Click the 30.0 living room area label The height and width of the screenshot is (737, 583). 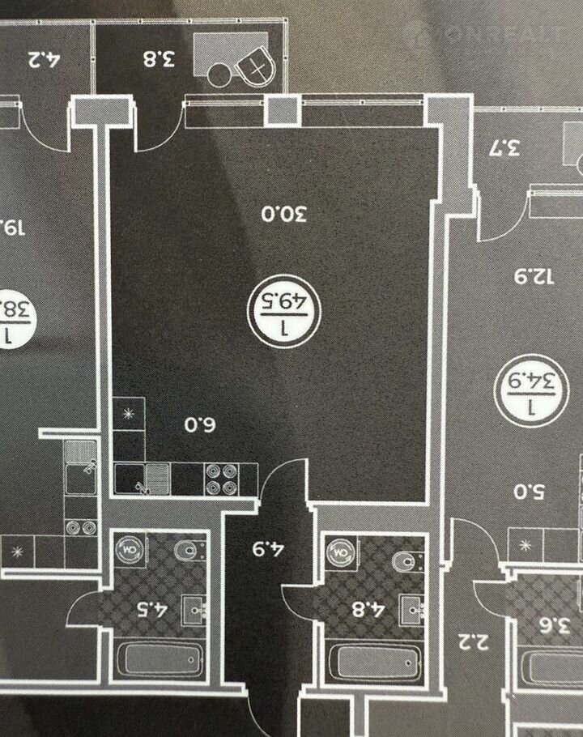pos(283,215)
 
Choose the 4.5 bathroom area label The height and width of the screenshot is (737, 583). pos(155,608)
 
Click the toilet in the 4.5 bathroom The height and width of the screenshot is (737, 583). pos(188,551)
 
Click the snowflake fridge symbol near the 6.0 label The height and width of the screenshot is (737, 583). pos(129,414)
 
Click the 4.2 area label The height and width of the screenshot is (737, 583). pos(45,58)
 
